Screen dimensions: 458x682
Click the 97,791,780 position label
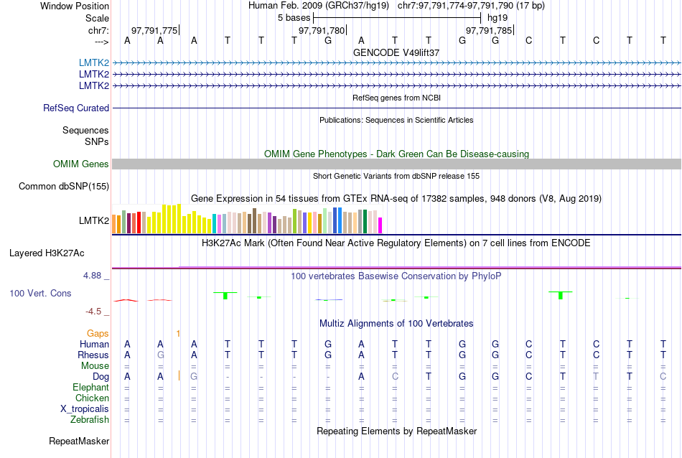point(322,30)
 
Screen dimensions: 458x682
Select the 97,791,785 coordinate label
point(489,30)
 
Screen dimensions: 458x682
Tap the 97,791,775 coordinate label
point(154,30)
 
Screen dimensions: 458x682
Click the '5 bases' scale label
point(294,18)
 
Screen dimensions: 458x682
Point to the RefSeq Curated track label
point(76,108)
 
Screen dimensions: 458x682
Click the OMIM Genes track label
point(81,164)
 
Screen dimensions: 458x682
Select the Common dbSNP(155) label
point(64,187)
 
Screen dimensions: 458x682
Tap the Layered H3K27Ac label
point(47,253)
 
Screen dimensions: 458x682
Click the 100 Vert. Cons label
point(40,294)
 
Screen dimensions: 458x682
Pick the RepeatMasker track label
point(79,441)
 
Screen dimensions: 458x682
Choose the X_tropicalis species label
point(85,409)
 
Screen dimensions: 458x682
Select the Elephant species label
point(90,388)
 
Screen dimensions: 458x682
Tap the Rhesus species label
point(93,355)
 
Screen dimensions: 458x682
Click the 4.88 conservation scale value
point(95,275)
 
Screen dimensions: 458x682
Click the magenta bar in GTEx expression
point(380,225)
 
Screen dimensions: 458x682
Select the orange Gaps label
point(98,333)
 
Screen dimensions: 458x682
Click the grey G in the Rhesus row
point(161,355)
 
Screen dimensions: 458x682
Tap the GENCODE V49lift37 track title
point(396,52)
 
